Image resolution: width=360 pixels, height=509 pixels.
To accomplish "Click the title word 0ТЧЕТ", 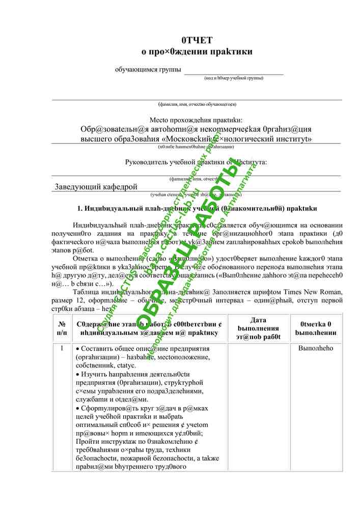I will (x=197, y=40).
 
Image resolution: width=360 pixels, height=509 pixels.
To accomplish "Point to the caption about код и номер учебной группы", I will (x=234, y=78).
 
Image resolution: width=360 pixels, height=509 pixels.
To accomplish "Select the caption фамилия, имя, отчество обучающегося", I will (x=197, y=104).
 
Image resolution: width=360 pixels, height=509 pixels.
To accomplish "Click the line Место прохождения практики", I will (x=197, y=120).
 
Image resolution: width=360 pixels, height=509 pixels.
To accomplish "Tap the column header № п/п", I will (x=62, y=328).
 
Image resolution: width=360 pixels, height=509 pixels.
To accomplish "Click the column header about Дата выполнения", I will (x=258, y=328).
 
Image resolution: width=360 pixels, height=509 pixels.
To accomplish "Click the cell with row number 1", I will (x=62, y=349).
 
